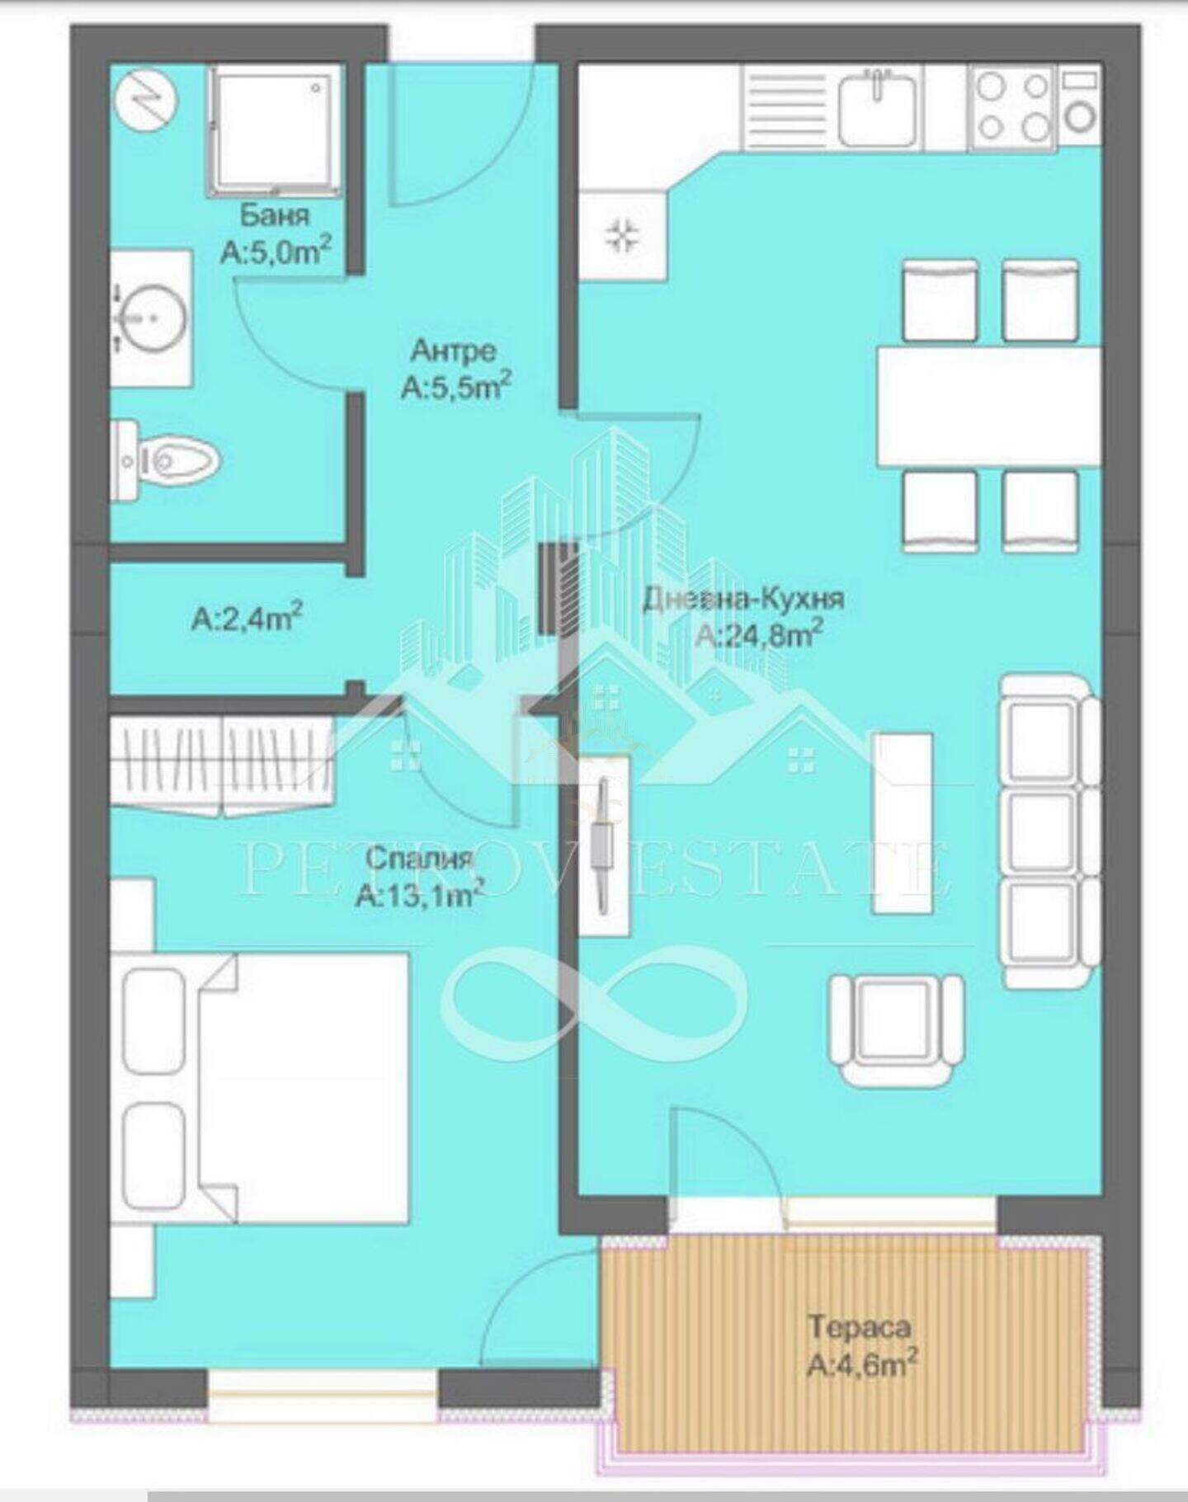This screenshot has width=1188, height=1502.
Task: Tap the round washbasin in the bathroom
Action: pos(153,317)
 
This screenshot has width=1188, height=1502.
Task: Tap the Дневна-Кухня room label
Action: pos(742,598)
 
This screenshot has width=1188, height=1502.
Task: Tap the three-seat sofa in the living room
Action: pos(1050,831)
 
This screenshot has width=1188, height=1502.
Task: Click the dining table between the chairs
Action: pos(988,407)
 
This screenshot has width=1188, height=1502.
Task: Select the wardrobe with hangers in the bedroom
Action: pos(222,764)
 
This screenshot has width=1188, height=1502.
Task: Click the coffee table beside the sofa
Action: pos(903,823)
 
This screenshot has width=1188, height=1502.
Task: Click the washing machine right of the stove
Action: pos(1079,107)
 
